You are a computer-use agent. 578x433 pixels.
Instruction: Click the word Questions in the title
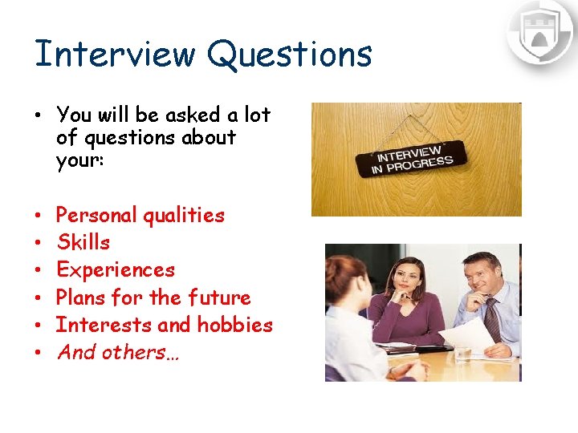[x=289, y=55]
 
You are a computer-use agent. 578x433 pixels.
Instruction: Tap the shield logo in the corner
[x=539, y=32]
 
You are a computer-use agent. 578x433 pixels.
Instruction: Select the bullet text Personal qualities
[x=140, y=215]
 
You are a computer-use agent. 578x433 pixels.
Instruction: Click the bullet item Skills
[x=83, y=242]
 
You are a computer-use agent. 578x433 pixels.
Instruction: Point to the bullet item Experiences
[x=115, y=269]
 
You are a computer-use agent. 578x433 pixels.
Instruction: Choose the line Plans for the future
[x=153, y=297]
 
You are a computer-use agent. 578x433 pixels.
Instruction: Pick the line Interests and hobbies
[x=165, y=325]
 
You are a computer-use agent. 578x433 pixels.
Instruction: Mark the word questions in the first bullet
[x=122, y=138]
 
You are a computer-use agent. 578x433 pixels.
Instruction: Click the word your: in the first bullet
[x=78, y=160]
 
